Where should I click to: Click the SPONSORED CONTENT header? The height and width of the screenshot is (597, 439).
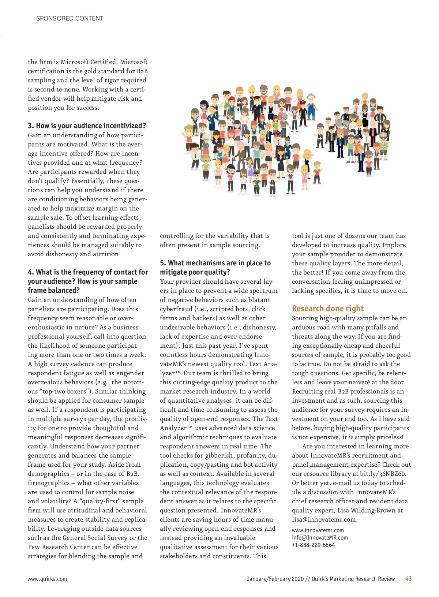[70, 18]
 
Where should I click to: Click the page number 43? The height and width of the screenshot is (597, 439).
[408, 578]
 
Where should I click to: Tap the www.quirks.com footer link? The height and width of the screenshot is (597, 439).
[47, 579]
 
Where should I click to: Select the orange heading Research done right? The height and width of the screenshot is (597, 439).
[328, 308]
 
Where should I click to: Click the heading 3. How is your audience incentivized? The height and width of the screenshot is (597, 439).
[87, 126]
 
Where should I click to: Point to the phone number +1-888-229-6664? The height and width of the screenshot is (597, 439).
[313, 545]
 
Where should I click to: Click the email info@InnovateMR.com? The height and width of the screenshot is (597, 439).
[320, 537]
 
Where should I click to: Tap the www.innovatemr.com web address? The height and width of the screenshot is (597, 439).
[318, 530]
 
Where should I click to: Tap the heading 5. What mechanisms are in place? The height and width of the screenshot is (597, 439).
[215, 263]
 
